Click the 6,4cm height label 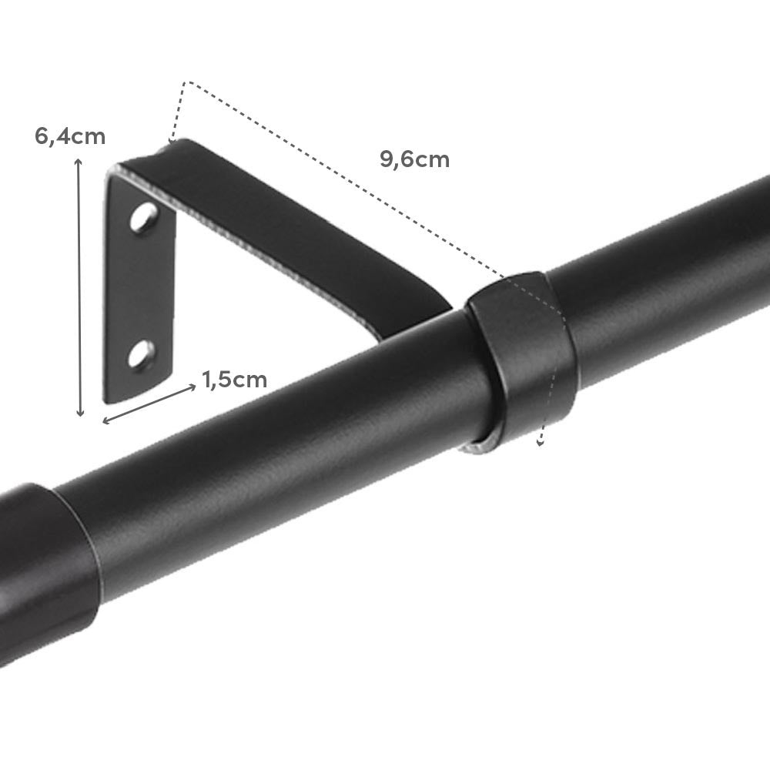coord(69,137)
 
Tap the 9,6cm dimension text coord(414,160)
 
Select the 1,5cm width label coord(234,380)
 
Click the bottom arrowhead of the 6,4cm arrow coord(79,414)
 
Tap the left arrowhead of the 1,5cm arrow coord(106,420)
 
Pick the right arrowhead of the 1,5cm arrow coord(193,387)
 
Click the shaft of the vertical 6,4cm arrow coord(79,285)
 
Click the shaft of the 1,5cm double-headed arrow coord(150,403)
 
